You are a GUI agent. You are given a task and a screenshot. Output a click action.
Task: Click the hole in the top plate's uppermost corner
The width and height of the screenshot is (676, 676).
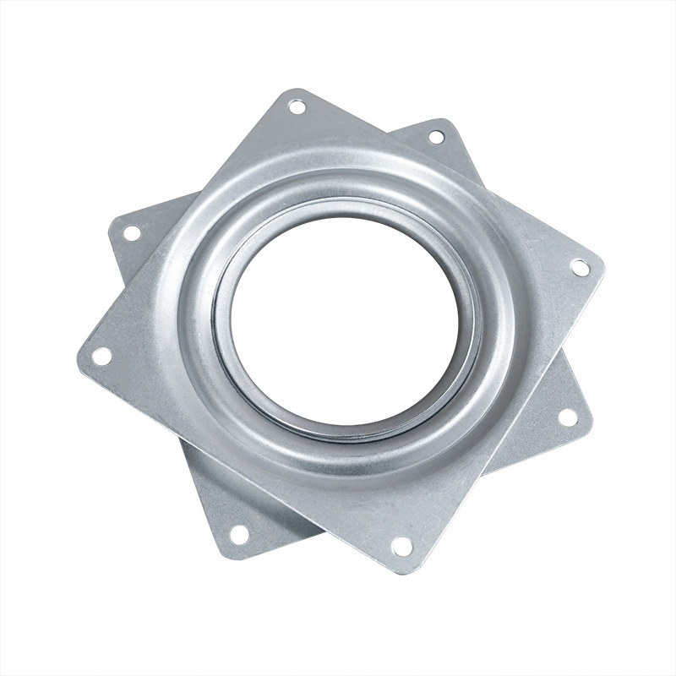297,106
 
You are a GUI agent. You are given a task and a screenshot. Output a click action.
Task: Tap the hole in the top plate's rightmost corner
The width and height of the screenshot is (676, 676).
580,267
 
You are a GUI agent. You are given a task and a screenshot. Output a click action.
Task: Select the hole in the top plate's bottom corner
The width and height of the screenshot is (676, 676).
402,547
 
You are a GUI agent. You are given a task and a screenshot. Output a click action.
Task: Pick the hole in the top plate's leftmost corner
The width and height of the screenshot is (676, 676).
101,356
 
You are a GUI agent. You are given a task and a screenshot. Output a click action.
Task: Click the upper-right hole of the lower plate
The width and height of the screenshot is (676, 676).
436,136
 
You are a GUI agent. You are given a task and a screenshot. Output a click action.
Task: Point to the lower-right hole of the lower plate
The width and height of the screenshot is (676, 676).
568,417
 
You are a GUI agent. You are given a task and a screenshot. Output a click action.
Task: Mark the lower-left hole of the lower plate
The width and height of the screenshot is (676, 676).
239,533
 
